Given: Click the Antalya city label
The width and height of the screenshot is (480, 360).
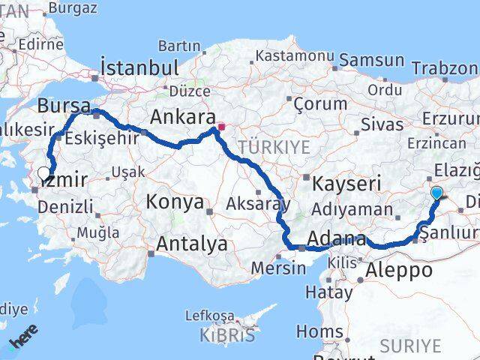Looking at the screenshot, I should [192, 244].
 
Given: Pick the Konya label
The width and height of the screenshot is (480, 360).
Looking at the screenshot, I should [175, 202].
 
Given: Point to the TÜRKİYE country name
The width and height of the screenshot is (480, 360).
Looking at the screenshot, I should [273, 147].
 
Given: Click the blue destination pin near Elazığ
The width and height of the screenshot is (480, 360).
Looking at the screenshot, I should [437, 193].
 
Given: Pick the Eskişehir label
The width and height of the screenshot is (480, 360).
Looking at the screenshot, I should [102, 139].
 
